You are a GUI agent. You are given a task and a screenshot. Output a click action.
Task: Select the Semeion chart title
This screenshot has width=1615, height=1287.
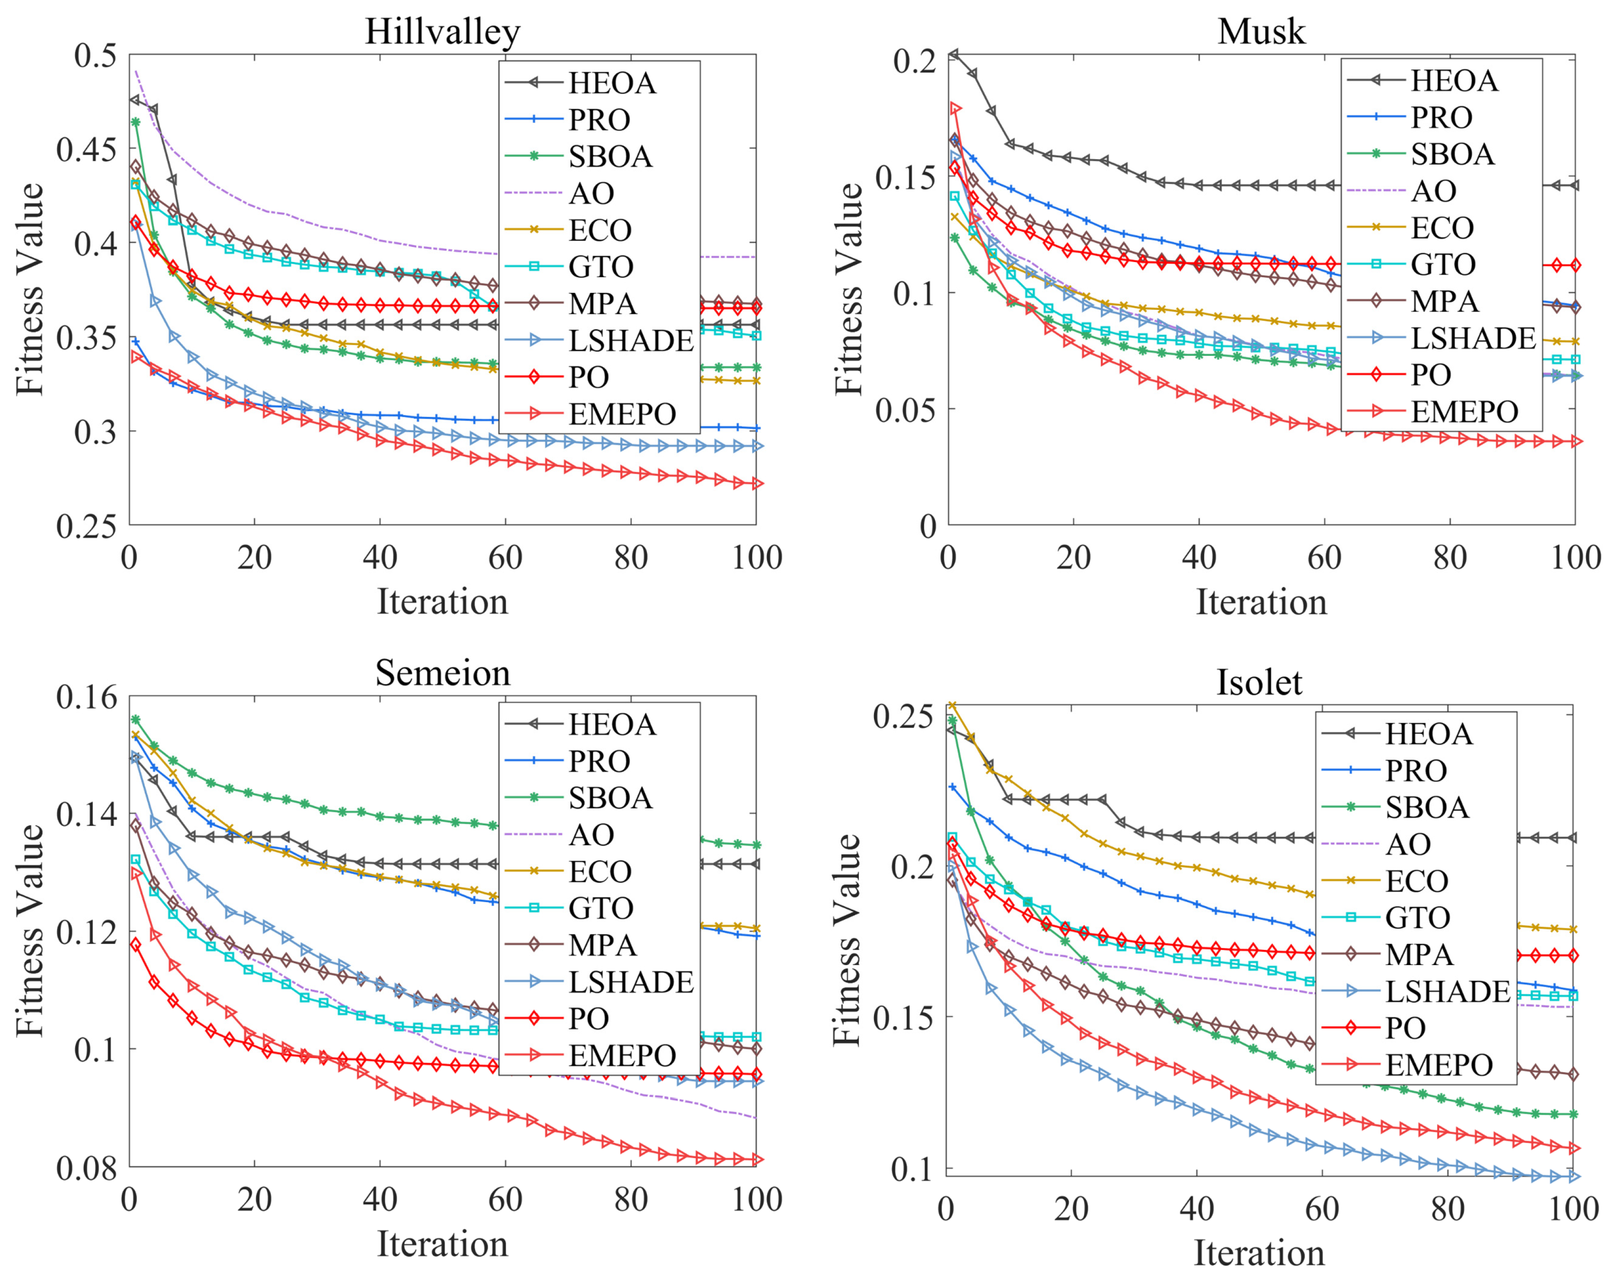click(442, 673)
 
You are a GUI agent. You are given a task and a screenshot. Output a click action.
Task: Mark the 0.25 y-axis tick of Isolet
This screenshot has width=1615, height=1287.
click(902, 715)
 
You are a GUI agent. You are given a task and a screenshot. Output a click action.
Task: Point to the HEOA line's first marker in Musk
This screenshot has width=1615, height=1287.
click(953, 54)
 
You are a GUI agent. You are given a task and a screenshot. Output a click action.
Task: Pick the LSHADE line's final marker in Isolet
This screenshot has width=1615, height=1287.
click(1573, 1177)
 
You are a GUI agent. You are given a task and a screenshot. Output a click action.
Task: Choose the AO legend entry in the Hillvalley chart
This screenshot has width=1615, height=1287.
click(591, 193)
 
